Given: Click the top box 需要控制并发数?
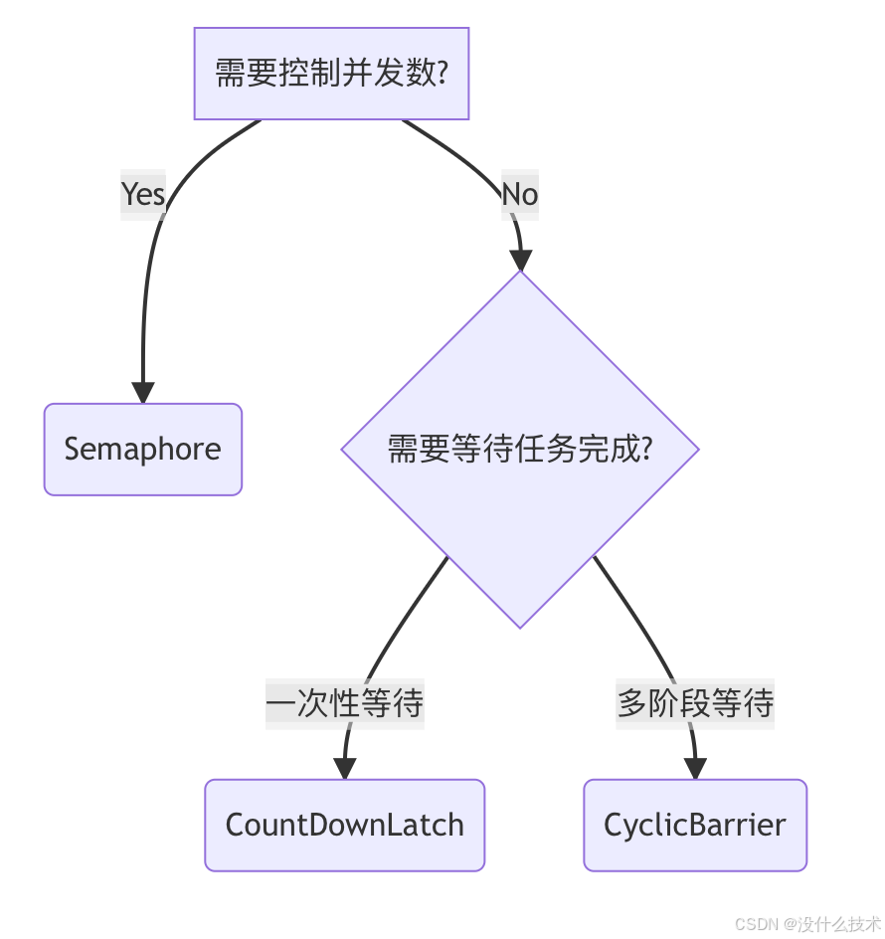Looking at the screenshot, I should click(x=330, y=74).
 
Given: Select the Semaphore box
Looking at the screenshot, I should click(x=143, y=449).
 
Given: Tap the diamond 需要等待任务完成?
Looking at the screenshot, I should click(x=519, y=449).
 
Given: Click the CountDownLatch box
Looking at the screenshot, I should click(x=344, y=825).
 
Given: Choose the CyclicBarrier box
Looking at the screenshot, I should click(x=694, y=825).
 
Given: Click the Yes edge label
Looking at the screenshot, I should click(x=143, y=193).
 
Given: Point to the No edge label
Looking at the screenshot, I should click(x=519, y=193).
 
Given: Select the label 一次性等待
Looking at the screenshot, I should click(x=344, y=703).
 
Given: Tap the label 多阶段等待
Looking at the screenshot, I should click(x=694, y=703).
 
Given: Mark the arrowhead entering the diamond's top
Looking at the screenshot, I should click(x=520, y=259).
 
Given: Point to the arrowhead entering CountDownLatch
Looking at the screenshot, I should click(x=344, y=768).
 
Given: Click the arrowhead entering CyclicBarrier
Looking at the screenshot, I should click(x=695, y=768).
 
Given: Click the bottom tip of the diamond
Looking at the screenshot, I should click(x=520, y=626).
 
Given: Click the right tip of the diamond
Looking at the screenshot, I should click(x=697, y=449).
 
